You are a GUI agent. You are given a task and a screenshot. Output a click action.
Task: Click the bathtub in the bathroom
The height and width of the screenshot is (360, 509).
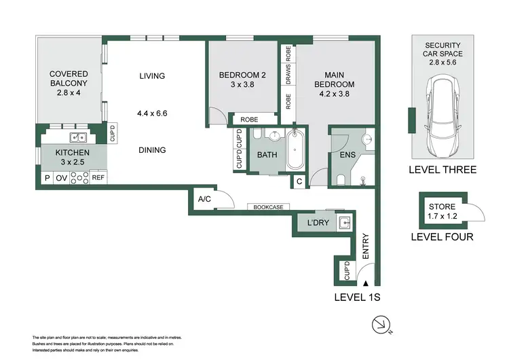295,149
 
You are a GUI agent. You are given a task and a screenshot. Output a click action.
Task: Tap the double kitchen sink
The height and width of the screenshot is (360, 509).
78,137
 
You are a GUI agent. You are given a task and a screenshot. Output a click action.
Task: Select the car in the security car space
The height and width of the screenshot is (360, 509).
442,115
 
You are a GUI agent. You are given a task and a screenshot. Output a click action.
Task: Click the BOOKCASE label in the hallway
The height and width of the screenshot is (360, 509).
269,207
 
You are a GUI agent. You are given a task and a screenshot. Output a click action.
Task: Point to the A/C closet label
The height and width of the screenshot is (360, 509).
204,199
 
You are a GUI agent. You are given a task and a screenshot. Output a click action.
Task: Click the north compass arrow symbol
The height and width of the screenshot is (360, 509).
381,325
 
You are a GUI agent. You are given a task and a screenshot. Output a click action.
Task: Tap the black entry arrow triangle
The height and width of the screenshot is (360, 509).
366,283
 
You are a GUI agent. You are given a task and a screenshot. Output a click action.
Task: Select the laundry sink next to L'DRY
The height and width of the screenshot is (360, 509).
344,223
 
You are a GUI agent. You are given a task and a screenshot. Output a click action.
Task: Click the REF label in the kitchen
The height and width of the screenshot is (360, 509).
98,177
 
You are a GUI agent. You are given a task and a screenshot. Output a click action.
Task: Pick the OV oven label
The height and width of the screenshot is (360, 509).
61,178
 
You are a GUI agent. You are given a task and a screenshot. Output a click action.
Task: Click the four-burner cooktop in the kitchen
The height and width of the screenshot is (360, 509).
79,177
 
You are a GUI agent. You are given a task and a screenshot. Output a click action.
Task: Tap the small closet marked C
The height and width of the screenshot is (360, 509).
299,181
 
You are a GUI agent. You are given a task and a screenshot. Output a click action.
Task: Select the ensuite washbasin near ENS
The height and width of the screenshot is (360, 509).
369,139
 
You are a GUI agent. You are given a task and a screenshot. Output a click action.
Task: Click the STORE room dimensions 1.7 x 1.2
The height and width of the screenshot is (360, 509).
442,216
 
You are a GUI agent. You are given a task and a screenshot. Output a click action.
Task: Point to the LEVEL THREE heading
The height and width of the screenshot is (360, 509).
442,170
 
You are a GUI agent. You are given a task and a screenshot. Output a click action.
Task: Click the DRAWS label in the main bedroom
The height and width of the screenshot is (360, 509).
288,74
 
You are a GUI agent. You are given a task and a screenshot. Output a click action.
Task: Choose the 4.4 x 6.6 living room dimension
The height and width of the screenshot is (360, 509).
152,113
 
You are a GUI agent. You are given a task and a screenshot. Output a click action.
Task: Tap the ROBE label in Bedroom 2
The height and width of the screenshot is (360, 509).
249,120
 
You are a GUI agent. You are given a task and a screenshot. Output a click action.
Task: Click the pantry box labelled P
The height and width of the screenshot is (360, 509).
48,178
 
